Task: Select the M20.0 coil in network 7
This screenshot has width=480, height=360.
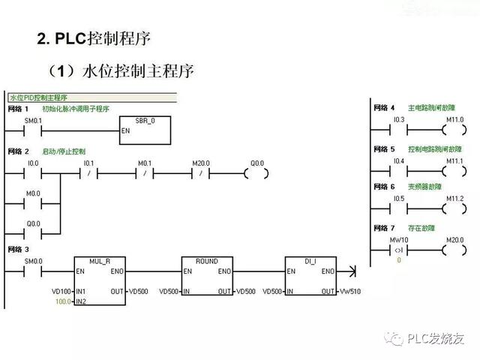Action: click(454, 249)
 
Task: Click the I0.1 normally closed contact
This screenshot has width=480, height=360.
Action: click(88, 172)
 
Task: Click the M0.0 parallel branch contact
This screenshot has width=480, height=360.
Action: click(34, 202)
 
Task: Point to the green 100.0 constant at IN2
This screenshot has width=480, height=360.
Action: click(62, 301)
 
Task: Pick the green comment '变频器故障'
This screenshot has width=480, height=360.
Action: click(424, 186)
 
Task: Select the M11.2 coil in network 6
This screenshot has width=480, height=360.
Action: click(454, 208)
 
